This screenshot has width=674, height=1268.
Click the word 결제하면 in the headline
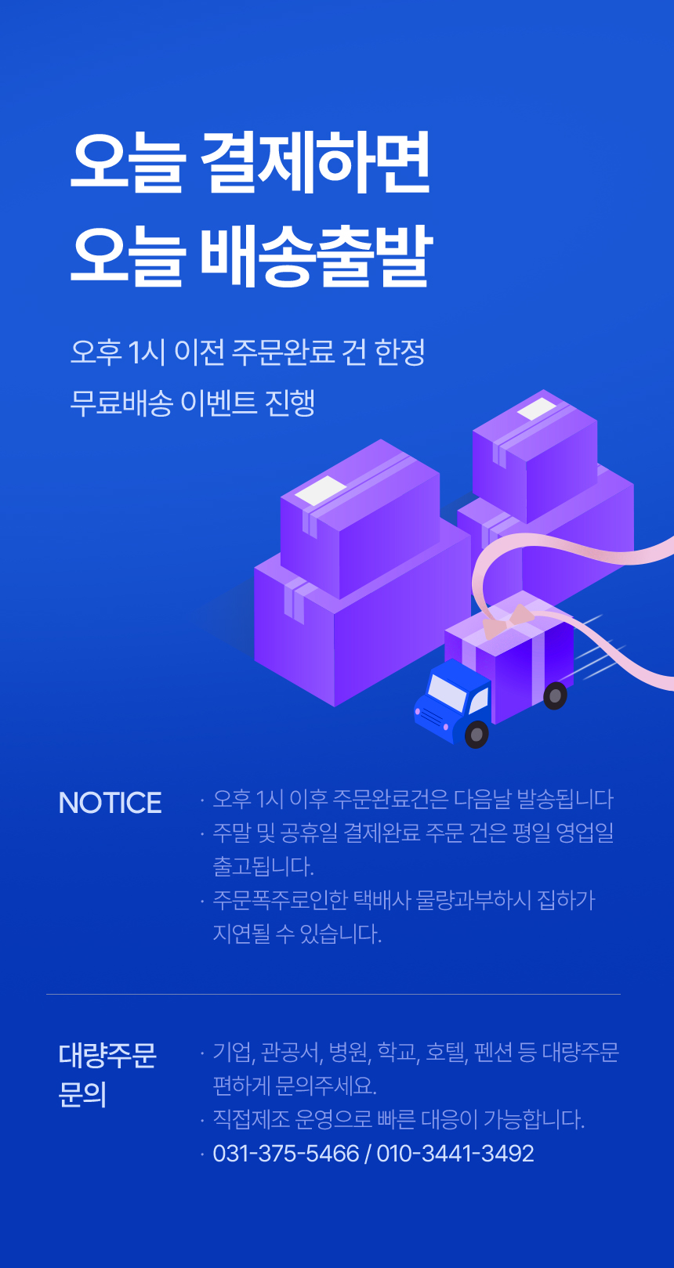point(315,162)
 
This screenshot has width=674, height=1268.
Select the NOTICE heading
point(110,803)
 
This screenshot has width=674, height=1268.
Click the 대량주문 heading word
point(107,1055)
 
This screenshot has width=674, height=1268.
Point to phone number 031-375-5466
point(286,1154)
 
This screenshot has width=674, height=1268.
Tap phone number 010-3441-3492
point(455,1154)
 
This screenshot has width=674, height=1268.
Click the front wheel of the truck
point(477,734)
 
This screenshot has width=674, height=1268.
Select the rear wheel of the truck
point(555,695)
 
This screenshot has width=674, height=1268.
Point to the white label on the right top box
point(537,409)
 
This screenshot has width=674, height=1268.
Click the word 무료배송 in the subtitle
point(121,403)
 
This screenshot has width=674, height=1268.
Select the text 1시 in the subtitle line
point(146,352)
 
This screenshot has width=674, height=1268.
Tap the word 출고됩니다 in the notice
point(263,866)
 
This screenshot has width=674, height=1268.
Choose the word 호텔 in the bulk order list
point(446,1053)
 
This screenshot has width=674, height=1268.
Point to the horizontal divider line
point(334,994)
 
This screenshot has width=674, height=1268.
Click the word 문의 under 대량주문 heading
point(83,1095)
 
